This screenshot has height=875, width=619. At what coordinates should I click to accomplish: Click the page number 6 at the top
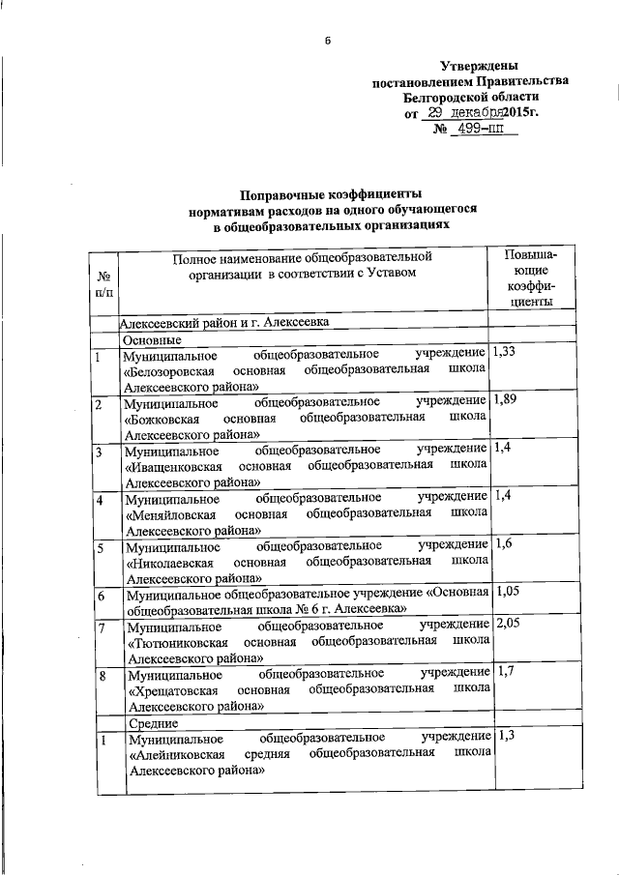pos(328,41)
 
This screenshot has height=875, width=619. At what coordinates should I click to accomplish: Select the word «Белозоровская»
pos(170,372)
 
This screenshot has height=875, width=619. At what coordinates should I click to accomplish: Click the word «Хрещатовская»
pos(170,689)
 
